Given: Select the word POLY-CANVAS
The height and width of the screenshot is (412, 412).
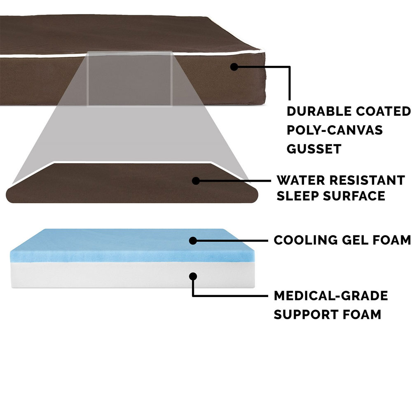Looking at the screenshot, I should (x=335, y=130).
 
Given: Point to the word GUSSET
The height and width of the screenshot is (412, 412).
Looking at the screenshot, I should (x=314, y=149).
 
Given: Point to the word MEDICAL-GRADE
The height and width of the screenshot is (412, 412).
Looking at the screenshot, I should (x=331, y=296).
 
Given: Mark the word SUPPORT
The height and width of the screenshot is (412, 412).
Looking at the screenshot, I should (x=302, y=315).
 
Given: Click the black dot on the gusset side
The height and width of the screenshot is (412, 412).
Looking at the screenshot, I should (x=234, y=66).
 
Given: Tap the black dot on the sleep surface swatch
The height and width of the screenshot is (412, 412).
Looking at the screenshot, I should (x=196, y=180).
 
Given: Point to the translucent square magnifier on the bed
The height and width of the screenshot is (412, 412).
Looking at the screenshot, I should (x=129, y=78).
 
